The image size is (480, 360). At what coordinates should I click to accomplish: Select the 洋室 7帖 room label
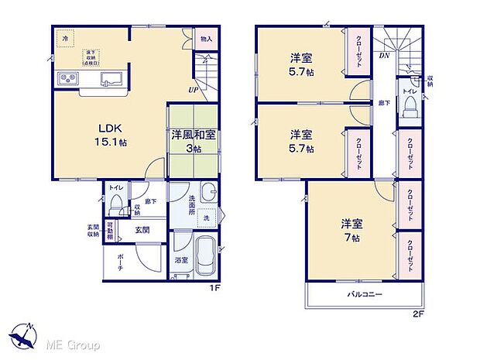pos(351,231)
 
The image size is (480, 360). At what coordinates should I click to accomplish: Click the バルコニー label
pos(363,295)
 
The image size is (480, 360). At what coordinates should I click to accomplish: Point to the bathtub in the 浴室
pos(204,255)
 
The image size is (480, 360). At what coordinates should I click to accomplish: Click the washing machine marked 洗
pos(205,218)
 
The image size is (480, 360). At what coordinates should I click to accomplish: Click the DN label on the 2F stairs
pos(383,56)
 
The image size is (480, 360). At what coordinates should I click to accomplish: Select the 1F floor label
pos(217,290)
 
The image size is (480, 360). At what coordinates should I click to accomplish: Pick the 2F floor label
pos(419,314)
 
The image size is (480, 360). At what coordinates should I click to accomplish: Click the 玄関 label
pos(143,230)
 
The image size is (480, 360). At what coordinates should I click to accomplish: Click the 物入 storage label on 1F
pos(205,38)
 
